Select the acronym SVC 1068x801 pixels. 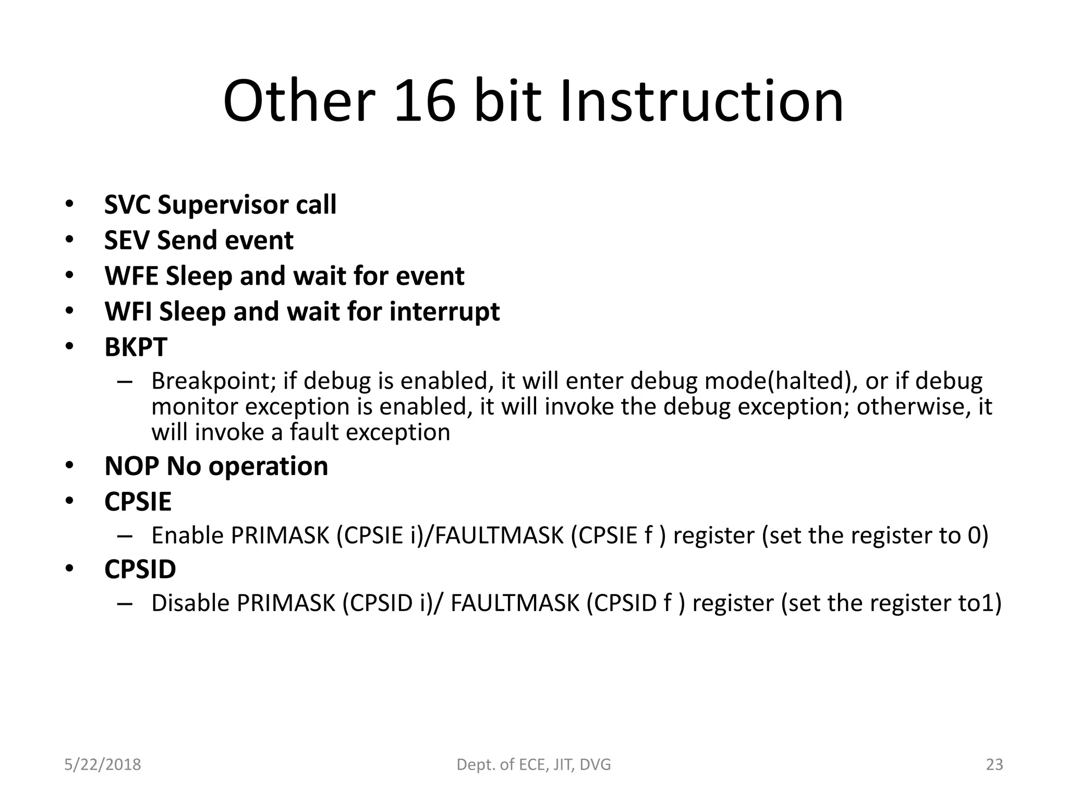pyautogui.click(x=128, y=204)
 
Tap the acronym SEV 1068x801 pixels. pyautogui.click(x=128, y=240)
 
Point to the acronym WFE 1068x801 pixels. pyautogui.click(x=131, y=276)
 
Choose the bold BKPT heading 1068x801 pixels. pyautogui.click(x=136, y=347)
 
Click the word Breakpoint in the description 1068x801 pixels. pyautogui.click(x=213, y=381)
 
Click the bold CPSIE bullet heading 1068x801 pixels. pyautogui.click(x=138, y=502)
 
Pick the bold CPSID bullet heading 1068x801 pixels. pyautogui.click(x=140, y=569)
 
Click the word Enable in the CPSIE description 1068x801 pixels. pyautogui.click(x=187, y=536)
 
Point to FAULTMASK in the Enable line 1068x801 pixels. pyautogui.click(x=500, y=536)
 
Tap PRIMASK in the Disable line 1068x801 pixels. pyautogui.click(x=286, y=603)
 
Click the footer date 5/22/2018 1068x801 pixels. pyautogui.click(x=102, y=764)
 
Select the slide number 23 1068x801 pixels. pyautogui.click(x=994, y=764)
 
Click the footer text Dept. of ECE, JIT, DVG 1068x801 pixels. pyautogui.click(x=533, y=764)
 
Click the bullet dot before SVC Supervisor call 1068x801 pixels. pyautogui.click(x=69, y=204)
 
